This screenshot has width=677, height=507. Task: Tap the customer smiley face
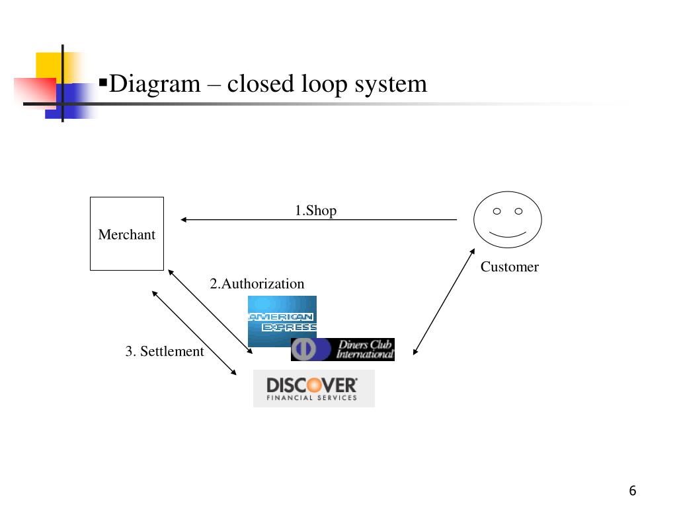(x=508, y=220)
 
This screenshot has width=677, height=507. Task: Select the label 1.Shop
(x=315, y=211)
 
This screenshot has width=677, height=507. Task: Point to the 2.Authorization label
(x=257, y=284)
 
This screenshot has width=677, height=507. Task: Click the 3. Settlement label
(x=165, y=351)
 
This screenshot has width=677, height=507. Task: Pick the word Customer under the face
(x=509, y=267)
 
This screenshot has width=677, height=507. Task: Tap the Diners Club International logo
(x=342, y=350)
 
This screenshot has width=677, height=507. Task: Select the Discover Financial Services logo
(x=313, y=388)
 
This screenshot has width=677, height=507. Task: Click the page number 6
(x=633, y=490)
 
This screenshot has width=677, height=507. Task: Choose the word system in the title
(x=389, y=84)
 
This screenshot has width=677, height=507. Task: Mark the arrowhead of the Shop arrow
(x=184, y=220)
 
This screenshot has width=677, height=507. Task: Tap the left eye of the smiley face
(x=496, y=211)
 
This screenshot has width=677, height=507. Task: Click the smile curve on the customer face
(x=508, y=236)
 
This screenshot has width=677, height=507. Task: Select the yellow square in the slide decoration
(x=50, y=65)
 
